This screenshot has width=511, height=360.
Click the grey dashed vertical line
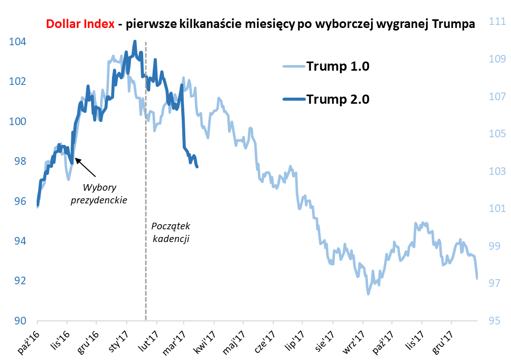coord(146,254)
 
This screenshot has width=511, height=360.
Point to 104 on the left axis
coord(18,42)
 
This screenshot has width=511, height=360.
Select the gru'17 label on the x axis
coord(441,339)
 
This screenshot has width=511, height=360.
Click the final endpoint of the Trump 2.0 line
coord(197,166)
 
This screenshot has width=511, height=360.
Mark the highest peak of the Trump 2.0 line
coord(134,42)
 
